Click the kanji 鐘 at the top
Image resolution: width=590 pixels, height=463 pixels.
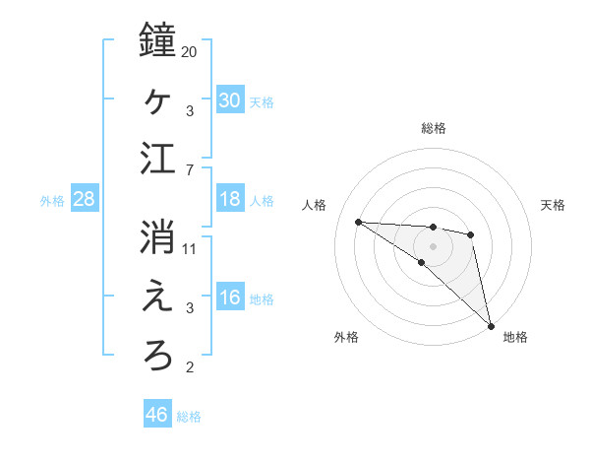point(157,40)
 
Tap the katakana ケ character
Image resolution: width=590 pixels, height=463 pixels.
point(157,99)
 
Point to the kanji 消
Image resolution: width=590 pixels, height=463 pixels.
point(157,236)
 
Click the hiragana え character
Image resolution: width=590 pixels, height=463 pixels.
point(157,297)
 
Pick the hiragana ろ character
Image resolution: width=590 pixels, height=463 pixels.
point(157,355)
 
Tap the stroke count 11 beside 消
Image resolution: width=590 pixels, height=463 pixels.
point(190,248)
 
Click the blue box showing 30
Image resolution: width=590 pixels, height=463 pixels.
point(229,100)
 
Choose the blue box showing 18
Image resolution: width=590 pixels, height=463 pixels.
point(229,200)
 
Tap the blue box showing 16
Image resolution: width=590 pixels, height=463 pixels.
point(229,298)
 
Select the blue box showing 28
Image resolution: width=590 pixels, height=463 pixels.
point(85,200)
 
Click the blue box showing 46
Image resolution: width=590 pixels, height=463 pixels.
point(156,415)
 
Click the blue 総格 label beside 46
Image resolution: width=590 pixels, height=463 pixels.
point(189,417)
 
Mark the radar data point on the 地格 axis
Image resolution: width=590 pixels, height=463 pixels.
point(490,324)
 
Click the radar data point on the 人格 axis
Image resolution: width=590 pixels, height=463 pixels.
point(358,221)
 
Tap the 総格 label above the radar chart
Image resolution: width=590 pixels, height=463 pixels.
point(433,128)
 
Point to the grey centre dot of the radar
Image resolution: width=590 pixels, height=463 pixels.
point(433,244)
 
